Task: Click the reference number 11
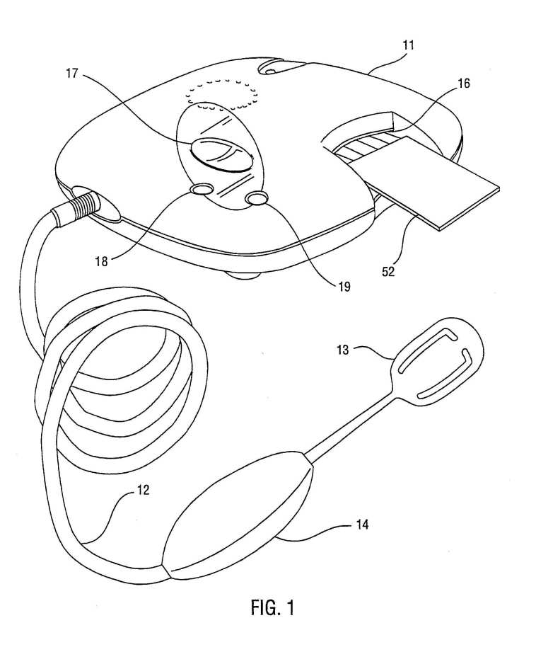[408, 45]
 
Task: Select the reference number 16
[464, 84]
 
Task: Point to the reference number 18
[102, 261]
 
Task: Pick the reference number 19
[344, 287]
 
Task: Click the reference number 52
[388, 271]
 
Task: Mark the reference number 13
[343, 350]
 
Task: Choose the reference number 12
[143, 490]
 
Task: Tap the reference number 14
[362, 525]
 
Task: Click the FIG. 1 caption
[272, 607]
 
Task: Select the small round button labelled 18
[202, 189]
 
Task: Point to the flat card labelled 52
[423, 182]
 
